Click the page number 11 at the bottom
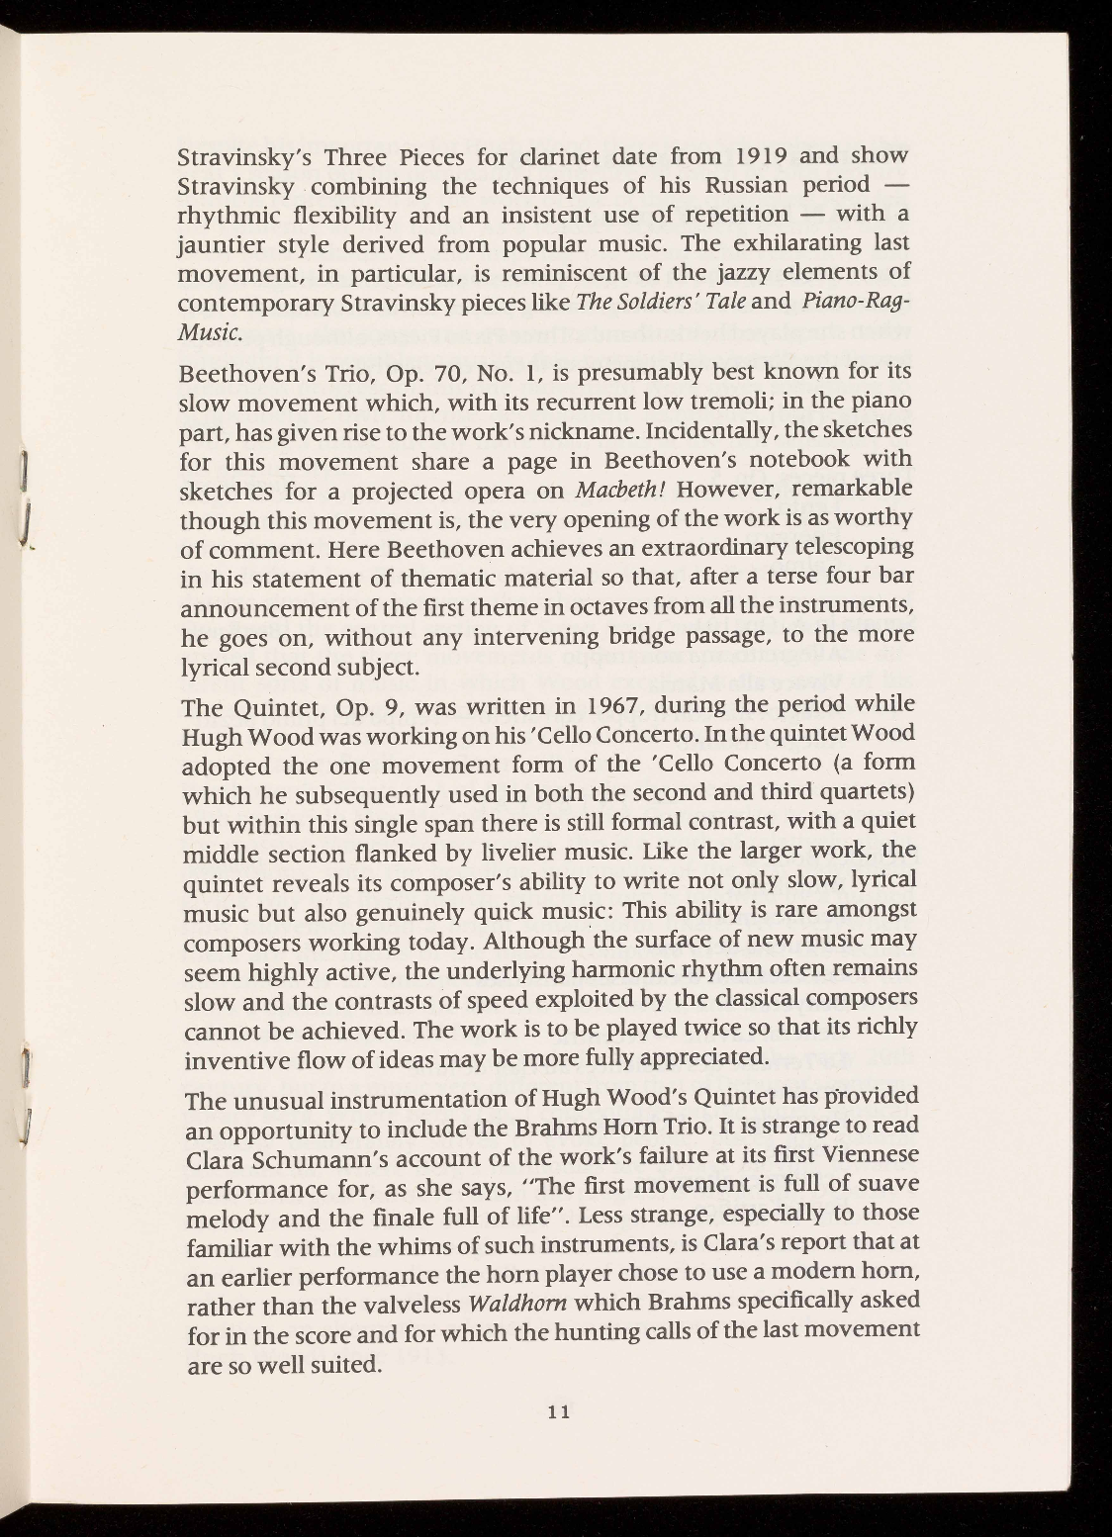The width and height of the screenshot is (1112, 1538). [x=558, y=1411]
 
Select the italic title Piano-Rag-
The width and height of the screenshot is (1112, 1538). [x=857, y=301]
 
